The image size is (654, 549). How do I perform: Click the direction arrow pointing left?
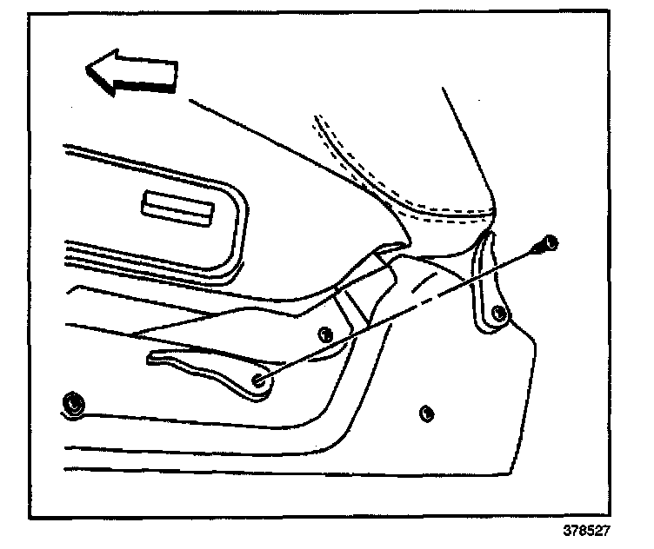pos(132,71)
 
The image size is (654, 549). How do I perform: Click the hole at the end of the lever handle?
pos(258,380)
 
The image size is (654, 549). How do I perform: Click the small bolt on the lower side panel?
pos(425,412)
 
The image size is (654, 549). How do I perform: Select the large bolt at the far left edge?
pos(73,402)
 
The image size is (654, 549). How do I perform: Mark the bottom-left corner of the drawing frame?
pos(29,519)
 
